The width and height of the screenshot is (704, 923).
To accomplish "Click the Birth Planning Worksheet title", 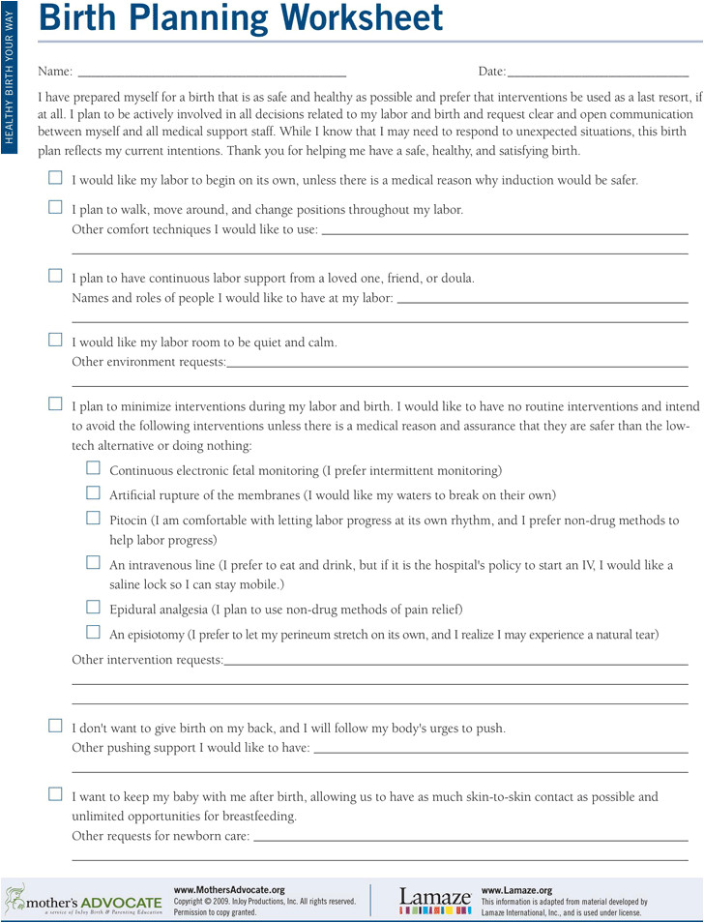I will (243, 19).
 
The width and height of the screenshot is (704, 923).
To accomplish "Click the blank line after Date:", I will (598, 74).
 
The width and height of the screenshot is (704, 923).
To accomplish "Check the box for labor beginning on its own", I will (55, 178).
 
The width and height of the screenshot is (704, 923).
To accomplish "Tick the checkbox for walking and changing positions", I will (55, 207).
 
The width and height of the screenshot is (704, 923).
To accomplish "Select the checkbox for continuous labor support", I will (55, 276).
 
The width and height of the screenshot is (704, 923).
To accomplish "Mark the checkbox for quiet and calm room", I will (55, 341).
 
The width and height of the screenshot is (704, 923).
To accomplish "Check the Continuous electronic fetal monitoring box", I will (93, 469).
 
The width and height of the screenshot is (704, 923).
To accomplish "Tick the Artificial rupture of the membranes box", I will (93, 493).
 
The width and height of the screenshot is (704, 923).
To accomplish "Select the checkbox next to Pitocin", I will (93, 519).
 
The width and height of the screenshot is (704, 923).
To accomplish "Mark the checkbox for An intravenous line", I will (93, 563).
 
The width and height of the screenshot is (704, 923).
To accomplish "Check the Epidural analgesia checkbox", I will (93, 608).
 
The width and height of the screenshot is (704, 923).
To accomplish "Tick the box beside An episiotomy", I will (93, 633).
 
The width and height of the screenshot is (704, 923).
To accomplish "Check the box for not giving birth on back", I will (55, 726).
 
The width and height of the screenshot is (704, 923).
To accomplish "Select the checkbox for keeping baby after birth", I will (55, 794).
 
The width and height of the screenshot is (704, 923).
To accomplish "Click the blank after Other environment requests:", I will (456, 364).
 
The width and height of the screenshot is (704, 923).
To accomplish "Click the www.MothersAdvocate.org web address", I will (229, 889).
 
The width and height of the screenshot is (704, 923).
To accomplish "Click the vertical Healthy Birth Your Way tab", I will (10, 74).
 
